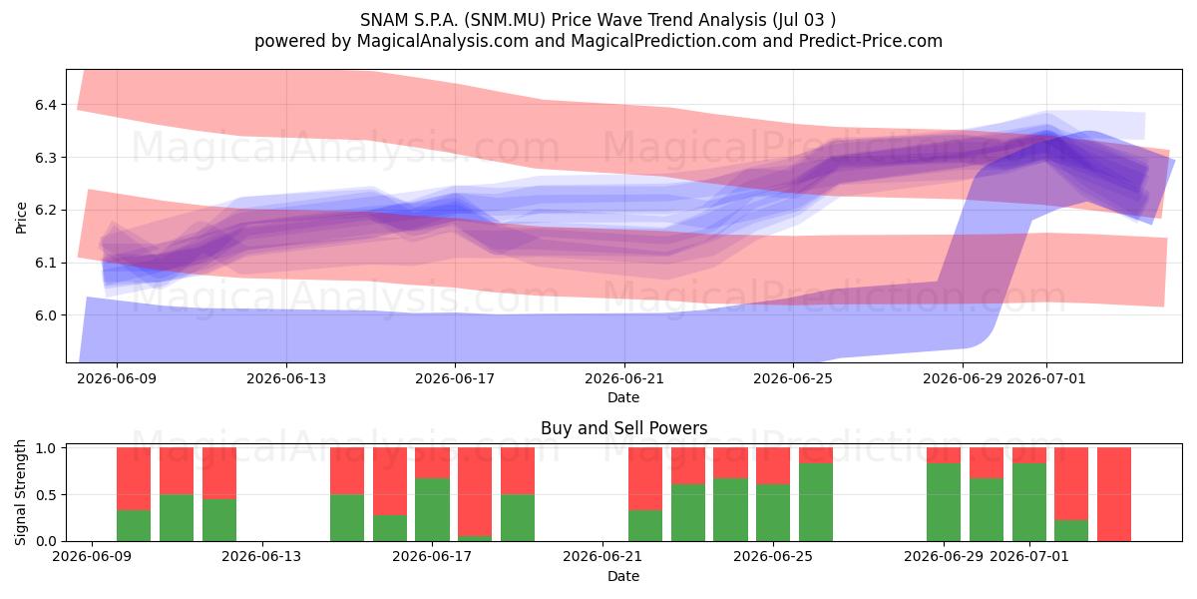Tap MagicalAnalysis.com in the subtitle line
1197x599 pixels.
tap(443, 41)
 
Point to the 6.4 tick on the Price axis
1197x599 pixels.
tap(46, 105)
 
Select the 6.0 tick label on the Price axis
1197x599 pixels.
tap(46, 315)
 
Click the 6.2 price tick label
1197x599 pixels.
tap(46, 211)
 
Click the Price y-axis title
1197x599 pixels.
tap(21, 219)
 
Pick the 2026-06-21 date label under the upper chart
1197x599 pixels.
tap(624, 378)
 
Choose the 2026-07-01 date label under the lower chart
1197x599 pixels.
tap(1029, 556)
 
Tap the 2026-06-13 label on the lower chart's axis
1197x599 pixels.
tap(261, 556)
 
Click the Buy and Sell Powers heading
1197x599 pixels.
tap(624, 428)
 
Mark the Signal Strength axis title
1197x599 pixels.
tap(20, 492)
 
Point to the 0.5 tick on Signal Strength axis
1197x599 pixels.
tap(46, 495)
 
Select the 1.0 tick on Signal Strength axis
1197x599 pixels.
tap(46, 448)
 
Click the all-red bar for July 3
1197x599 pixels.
tap(1114, 494)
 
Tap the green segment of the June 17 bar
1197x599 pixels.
tap(432, 510)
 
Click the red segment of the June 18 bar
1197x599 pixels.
tap(475, 492)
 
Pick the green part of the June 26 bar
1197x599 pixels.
tap(816, 502)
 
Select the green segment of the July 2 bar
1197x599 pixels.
tap(1071, 530)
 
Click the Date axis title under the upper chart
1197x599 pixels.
tap(623, 397)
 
